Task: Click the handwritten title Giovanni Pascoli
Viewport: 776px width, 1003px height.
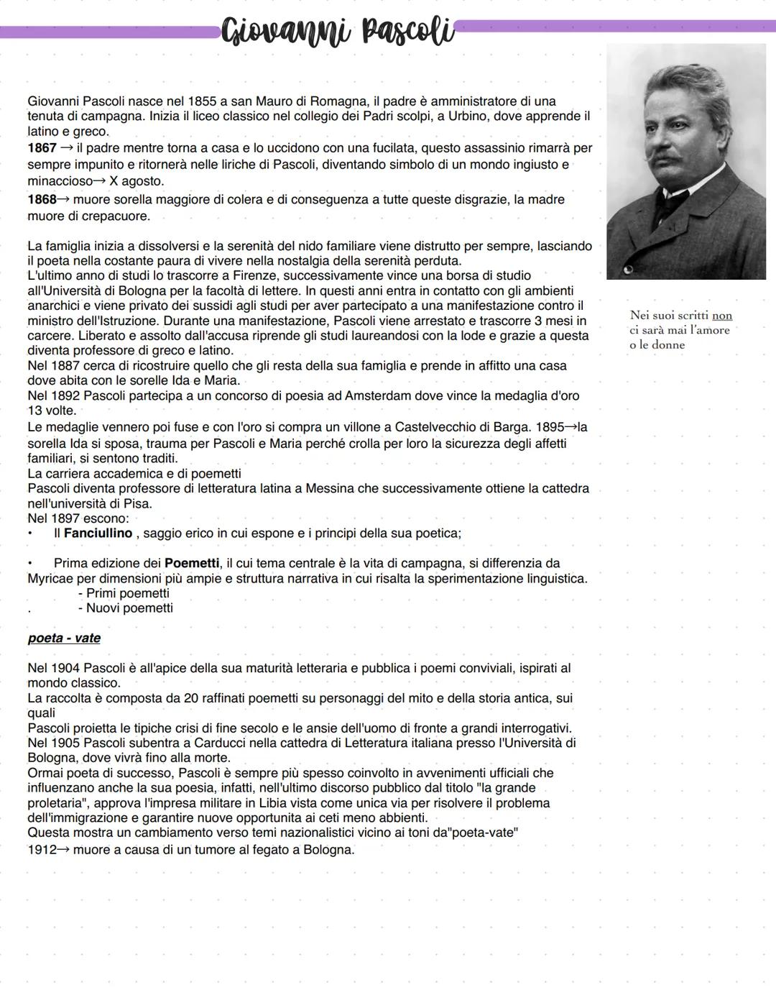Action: pyautogui.click(x=338, y=32)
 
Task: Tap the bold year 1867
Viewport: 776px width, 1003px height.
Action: pyautogui.click(x=42, y=148)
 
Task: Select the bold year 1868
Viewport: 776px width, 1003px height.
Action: pyautogui.click(x=42, y=199)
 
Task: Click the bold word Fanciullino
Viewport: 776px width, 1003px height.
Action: pyautogui.click(x=98, y=533)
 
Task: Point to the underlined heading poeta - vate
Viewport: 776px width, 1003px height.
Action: pyautogui.click(x=64, y=638)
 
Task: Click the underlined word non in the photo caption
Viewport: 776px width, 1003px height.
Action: pyautogui.click(x=722, y=316)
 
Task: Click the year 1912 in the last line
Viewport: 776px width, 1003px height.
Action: pyautogui.click(x=42, y=850)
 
